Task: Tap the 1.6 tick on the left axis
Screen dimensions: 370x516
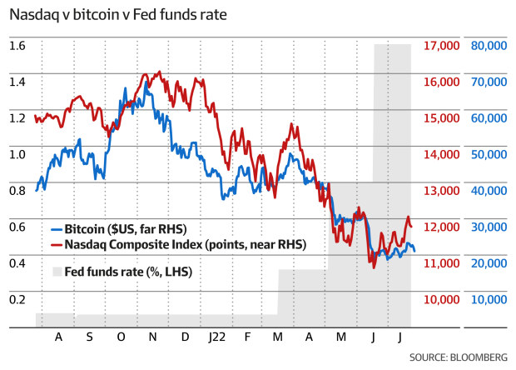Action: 17,46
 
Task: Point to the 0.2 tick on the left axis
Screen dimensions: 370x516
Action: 17,299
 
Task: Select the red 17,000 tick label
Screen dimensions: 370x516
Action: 442,46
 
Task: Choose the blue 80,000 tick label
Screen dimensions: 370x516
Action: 489,46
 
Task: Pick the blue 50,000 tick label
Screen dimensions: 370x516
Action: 489,154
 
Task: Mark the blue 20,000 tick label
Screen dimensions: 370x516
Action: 489,262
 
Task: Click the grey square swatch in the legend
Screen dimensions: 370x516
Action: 57,271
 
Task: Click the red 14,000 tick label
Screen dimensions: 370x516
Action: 442,154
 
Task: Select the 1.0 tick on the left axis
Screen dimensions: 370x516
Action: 17,154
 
